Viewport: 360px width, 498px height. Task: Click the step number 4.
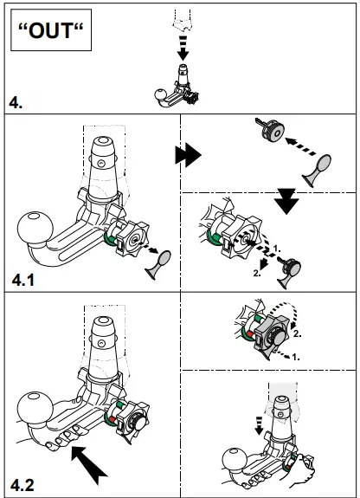tap(17, 103)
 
